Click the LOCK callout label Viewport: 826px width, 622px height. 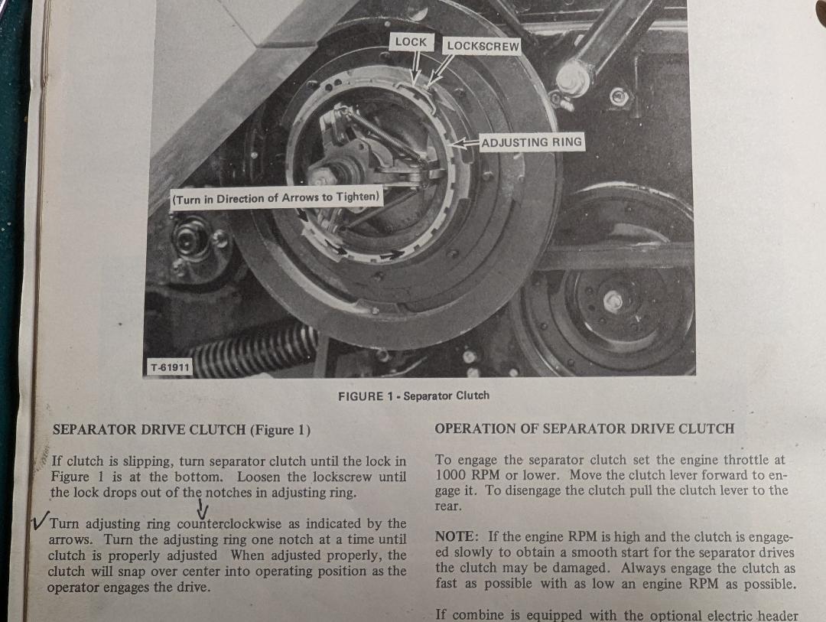coord(411,42)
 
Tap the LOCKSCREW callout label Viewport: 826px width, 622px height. coord(483,47)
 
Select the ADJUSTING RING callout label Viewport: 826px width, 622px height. coord(532,142)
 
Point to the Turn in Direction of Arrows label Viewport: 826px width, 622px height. coord(276,199)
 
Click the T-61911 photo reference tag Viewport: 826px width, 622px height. coord(170,367)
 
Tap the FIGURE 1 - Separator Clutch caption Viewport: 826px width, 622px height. coord(414,396)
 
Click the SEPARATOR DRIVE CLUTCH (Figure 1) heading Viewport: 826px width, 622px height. coord(181,430)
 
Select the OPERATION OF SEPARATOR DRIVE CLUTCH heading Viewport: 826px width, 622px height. coord(584,428)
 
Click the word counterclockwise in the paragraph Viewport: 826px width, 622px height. coord(229,524)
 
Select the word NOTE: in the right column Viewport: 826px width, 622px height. coord(457,536)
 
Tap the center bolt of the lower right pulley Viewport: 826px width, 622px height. coord(613,301)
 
